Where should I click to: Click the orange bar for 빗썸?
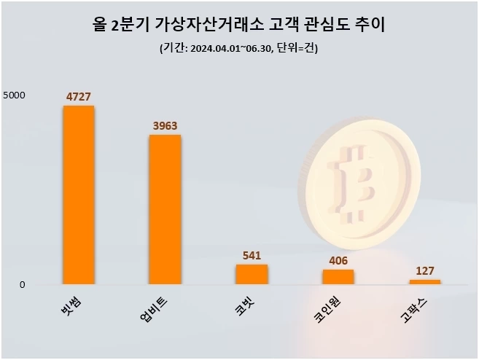[78, 195]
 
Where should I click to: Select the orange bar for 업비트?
[165, 209]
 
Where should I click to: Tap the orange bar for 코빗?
[252, 274]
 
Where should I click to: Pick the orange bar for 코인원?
[338, 277]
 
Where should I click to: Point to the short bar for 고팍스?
[424, 281]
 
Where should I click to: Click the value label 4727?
[78, 97]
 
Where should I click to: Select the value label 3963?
[165, 125]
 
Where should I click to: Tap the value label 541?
[252, 255]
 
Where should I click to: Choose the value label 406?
[338, 260]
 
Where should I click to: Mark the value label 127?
[424, 270]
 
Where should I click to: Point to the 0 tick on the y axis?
[22, 284]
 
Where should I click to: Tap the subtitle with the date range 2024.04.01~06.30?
[238, 49]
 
